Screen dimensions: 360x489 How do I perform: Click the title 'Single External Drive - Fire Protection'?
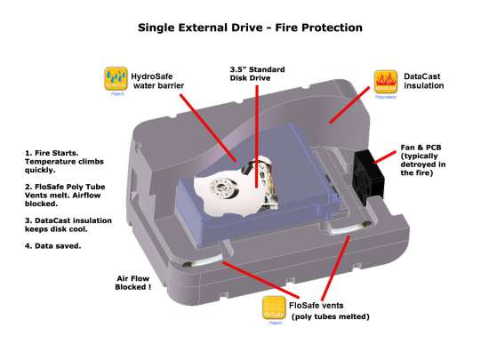(x=249, y=28)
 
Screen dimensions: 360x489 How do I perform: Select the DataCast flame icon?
(x=385, y=81)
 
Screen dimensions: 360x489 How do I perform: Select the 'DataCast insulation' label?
(x=430, y=82)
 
